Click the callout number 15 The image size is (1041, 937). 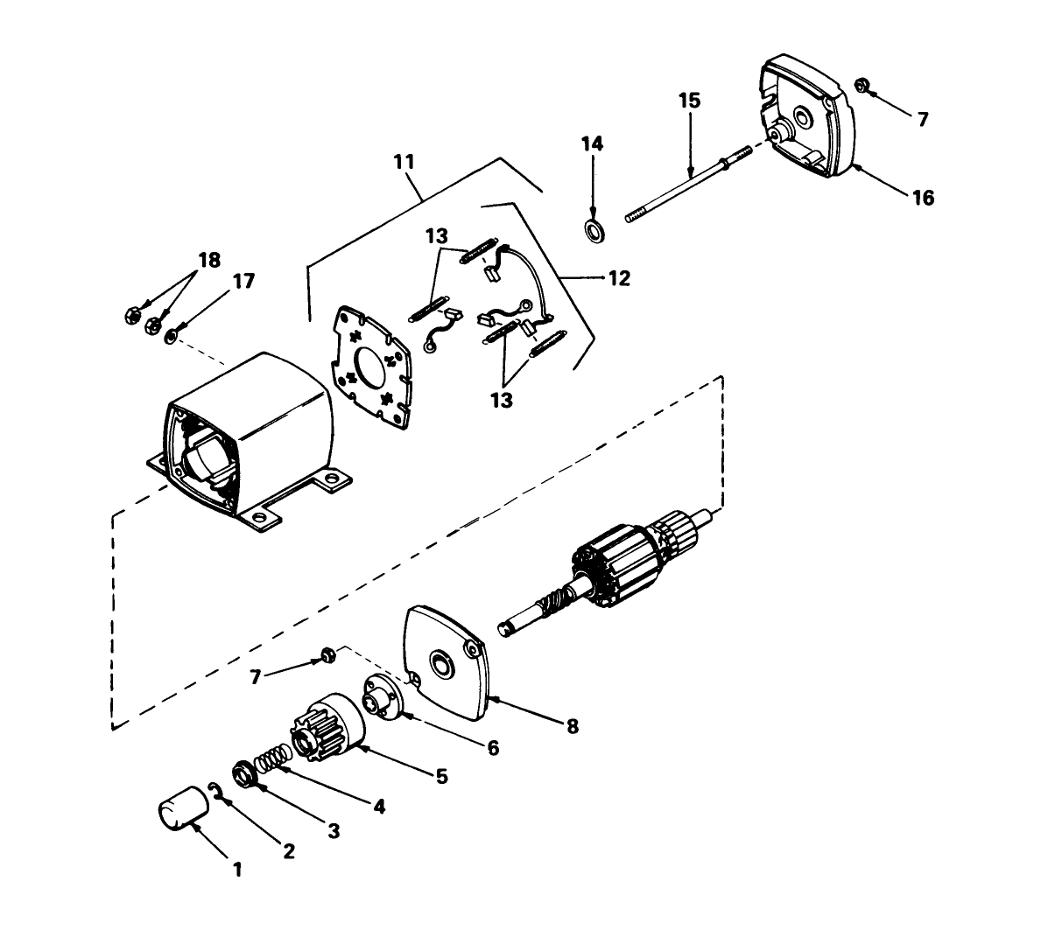[x=689, y=101]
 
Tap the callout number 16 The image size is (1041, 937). [x=923, y=198]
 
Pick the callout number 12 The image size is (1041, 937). [x=618, y=278]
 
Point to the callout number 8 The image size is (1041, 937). [x=572, y=726]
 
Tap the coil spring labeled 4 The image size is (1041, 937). [x=272, y=757]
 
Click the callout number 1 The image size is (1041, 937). [x=236, y=870]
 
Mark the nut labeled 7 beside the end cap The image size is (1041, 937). [x=861, y=85]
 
